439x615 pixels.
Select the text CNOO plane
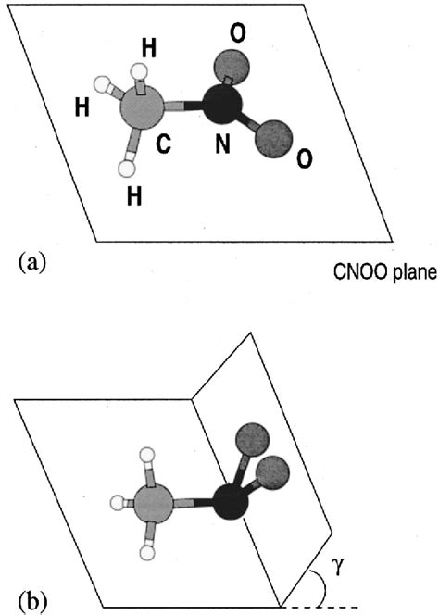click(384, 274)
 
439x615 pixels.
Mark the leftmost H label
click(82, 107)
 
